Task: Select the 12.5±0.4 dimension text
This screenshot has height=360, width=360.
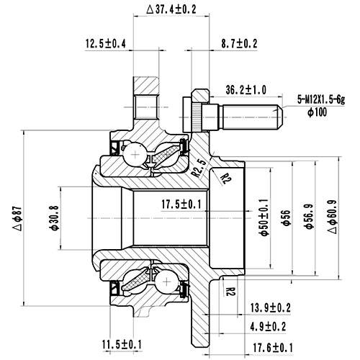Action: tap(105, 45)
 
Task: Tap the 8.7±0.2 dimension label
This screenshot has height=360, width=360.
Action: tap(238, 45)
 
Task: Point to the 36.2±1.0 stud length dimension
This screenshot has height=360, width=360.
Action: tap(247, 90)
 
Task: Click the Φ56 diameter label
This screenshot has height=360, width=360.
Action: tap(286, 216)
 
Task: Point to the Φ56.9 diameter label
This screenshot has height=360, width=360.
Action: tap(308, 216)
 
